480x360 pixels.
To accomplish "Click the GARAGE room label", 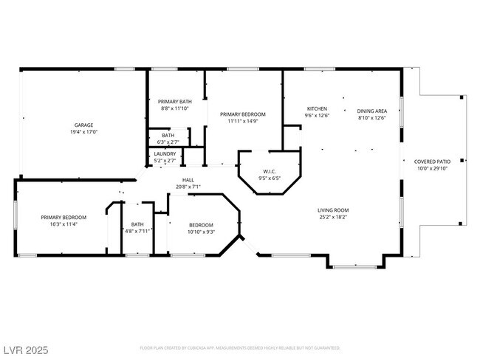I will point(83,125).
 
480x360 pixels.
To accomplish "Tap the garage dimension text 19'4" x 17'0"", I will point(83,132).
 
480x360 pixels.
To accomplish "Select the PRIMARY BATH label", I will point(176,101).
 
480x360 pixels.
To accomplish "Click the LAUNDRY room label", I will point(165,153).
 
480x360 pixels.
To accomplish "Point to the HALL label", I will point(188,180).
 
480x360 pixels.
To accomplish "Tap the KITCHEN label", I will point(318,109).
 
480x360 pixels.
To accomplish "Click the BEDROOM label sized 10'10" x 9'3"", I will point(201,225).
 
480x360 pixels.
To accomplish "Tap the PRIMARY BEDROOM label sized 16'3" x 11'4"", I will point(64,217).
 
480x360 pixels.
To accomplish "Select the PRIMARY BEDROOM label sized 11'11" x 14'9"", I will point(242,114).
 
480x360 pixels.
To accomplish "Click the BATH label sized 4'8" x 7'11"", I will point(137,224).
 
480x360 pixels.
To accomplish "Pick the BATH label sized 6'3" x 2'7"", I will point(168,136).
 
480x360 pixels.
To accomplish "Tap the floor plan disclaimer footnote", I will point(240,347).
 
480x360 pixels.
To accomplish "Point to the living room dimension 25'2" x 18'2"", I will point(333,217).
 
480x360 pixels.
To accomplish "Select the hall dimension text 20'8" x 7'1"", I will point(188,187).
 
